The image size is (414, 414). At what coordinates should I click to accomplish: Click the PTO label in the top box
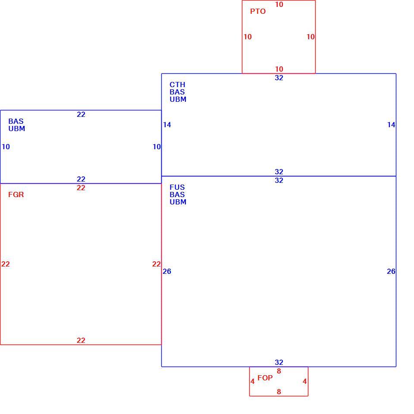pos(258,11)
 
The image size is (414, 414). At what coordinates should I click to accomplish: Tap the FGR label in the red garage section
pos(16,194)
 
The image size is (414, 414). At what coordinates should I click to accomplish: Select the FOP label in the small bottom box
pos(265,378)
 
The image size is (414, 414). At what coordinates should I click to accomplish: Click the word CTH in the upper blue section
pos(177,85)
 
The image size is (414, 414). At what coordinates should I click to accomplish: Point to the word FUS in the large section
pos(177,187)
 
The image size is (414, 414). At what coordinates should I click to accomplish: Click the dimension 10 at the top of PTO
pos(279,4)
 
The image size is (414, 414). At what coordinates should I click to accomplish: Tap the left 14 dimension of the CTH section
pos(167,125)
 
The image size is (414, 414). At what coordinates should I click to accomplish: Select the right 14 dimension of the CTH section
pos(391,125)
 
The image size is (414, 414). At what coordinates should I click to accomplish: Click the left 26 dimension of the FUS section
pos(167,271)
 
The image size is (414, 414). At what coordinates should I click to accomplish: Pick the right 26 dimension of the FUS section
pos(391,271)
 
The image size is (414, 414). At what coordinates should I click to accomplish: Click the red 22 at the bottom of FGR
pos(81,340)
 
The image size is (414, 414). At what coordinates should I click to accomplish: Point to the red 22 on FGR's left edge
pos(6,264)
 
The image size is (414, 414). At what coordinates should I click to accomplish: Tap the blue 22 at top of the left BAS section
pos(81,114)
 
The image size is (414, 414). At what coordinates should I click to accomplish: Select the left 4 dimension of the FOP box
pos(253,382)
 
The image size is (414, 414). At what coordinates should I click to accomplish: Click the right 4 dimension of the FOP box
pos(305,382)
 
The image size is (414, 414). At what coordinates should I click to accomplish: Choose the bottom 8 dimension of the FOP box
pos(279,392)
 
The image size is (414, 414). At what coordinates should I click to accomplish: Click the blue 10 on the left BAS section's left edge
pos(6,147)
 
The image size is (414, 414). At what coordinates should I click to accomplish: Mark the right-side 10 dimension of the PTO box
pos(310,37)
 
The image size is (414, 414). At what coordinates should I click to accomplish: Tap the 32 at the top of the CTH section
pos(279,78)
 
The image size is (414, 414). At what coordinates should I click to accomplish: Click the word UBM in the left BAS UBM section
pos(17,129)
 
